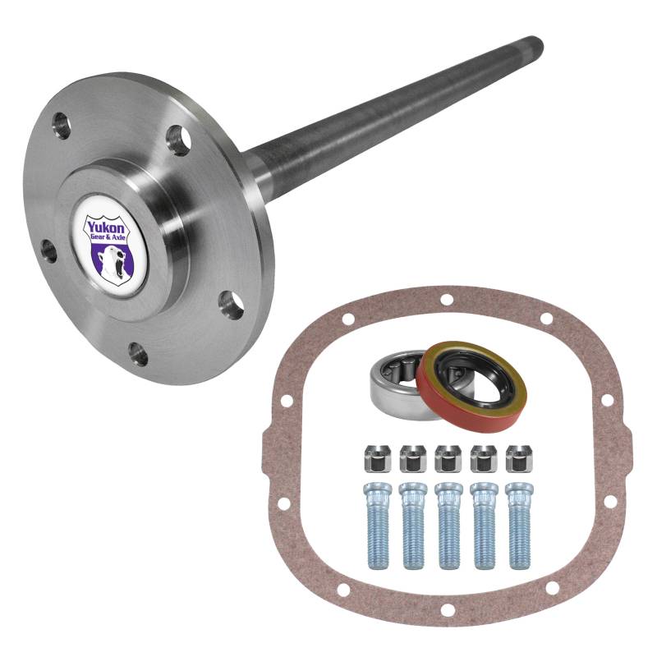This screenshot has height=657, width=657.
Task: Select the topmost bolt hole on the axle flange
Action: pyautogui.click(x=61, y=125)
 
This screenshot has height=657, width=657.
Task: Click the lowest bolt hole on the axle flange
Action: pyautogui.click(x=138, y=355)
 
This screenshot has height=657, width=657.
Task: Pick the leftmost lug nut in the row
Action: pyautogui.click(x=377, y=458)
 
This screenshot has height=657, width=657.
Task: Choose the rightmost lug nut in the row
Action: pyautogui.click(x=520, y=458)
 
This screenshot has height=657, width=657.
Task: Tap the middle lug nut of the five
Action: pyautogui.click(x=448, y=458)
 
